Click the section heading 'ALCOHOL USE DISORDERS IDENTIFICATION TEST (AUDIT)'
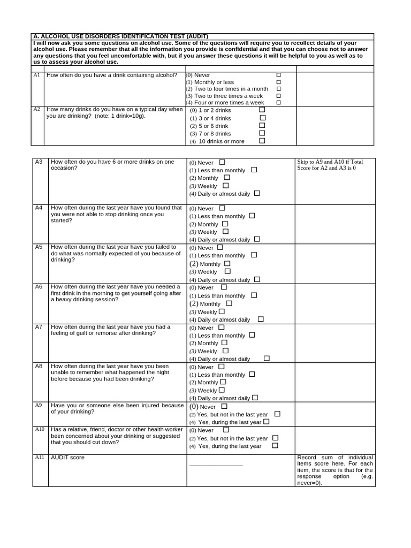[x=120, y=36]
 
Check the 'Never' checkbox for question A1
[x=278, y=75]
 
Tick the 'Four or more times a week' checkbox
[x=278, y=102]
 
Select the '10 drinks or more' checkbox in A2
[x=262, y=141]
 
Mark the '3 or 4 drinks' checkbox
[x=262, y=118]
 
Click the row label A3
[x=39, y=162]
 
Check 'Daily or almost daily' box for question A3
[x=257, y=194]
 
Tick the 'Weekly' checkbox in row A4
[x=225, y=232]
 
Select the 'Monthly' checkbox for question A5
[x=227, y=264]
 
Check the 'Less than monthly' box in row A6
[x=254, y=295]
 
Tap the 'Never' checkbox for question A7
[x=222, y=327]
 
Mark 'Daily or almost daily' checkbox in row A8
[x=255, y=398]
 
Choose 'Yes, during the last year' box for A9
[x=267, y=422]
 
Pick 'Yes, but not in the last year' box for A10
[x=275, y=438]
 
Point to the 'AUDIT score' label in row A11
[x=67, y=458]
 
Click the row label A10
[x=40, y=429]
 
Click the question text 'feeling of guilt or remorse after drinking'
[x=103, y=333]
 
